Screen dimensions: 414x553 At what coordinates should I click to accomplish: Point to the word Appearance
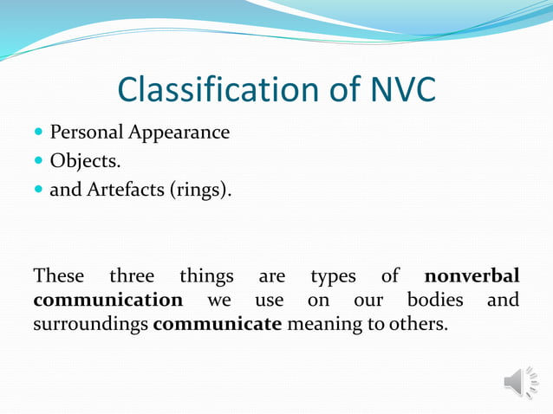click(179, 133)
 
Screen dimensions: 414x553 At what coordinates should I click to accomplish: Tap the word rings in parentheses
click(201, 189)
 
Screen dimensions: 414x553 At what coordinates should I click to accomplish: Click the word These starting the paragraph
click(59, 276)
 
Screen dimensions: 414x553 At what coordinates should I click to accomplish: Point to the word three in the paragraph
click(132, 276)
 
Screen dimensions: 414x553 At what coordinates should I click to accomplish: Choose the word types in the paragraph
click(334, 276)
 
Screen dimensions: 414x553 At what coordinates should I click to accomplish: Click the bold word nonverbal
click(472, 276)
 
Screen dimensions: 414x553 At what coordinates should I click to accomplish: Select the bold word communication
click(108, 301)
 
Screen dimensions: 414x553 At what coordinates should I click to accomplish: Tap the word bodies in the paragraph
click(435, 301)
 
